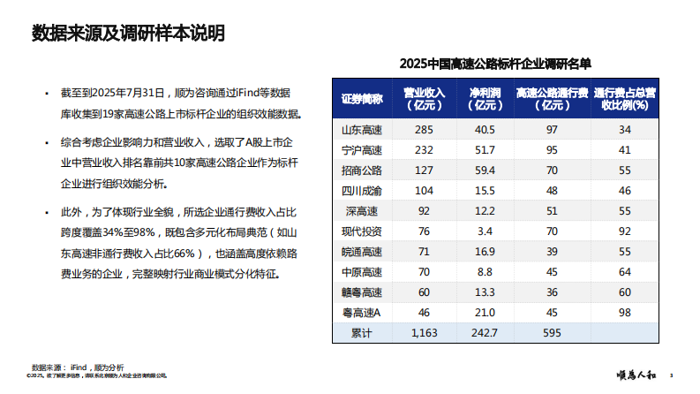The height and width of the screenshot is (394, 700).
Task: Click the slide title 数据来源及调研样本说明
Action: pyautogui.click(x=129, y=34)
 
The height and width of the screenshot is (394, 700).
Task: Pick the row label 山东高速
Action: pyautogui.click(x=361, y=130)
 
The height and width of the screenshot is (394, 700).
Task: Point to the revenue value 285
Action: pyautogui.click(x=424, y=130)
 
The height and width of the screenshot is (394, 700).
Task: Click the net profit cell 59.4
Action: pyautogui.click(x=485, y=170)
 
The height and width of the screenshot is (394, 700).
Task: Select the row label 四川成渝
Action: pyautogui.click(x=361, y=191)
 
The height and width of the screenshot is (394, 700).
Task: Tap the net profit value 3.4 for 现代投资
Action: pyautogui.click(x=485, y=231)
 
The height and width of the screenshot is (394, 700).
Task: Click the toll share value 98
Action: pyautogui.click(x=625, y=313)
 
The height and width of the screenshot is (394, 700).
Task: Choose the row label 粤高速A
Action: pyautogui.click(x=361, y=313)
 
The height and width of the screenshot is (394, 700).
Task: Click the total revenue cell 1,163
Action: pyautogui.click(x=424, y=333)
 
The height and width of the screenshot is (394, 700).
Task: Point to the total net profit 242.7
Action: pyautogui.click(x=485, y=333)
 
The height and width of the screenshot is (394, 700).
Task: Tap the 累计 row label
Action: pyautogui.click(x=361, y=333)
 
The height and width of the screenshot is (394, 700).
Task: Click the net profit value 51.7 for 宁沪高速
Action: pyautogui.click(x=485, y=150)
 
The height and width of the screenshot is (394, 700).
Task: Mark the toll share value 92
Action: pyautogui.click(x=625, y=231)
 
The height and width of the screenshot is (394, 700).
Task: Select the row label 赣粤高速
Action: pyautogui.click(x=361, y=292)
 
